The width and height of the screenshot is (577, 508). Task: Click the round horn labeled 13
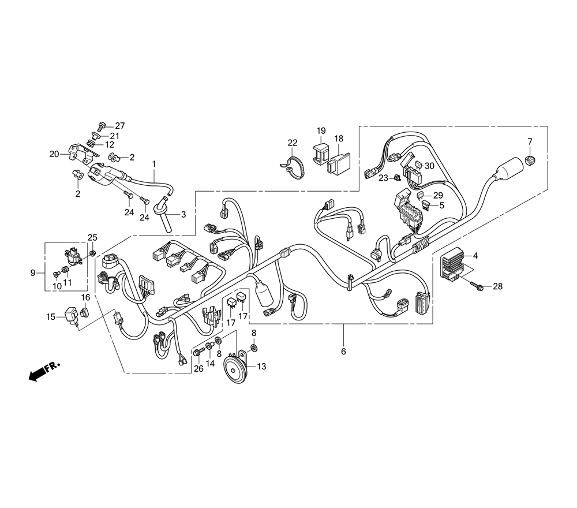[x=236, y=370]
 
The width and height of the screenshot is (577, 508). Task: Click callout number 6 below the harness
[x=343, y=351]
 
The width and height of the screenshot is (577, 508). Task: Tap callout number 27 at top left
[x=120, y=125]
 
